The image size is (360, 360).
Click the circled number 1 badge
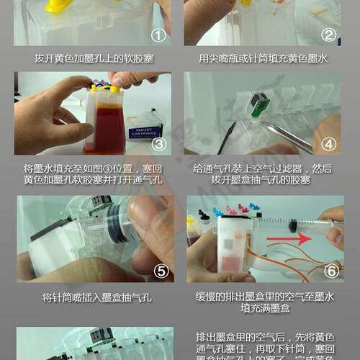[x=158, y=35]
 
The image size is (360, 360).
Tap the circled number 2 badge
[x=328, y=35]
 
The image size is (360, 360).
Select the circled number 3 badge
[x=158, y=144]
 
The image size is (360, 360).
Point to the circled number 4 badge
[x=328, y=144]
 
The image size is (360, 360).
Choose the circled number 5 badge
[x=158, y=271]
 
